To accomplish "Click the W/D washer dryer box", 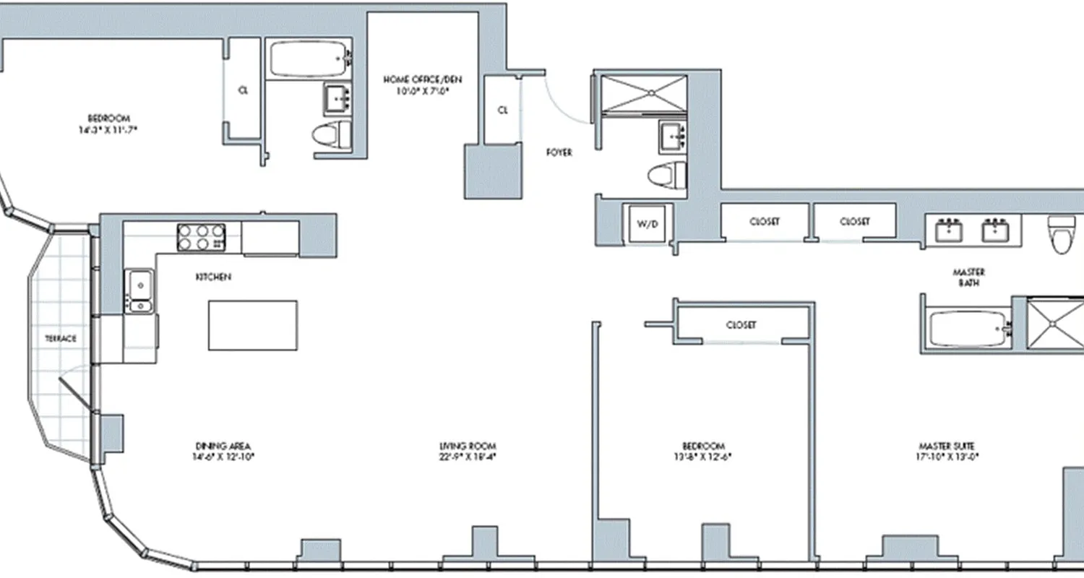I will click(x=648, y=223).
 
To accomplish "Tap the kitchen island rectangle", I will click(x=253, y=325).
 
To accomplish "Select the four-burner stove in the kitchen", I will click(x=202, y=237).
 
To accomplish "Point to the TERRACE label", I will click(x=61, y=338).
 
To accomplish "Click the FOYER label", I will click(x=559, y=152).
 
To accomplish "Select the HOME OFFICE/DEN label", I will click(x=423, y=79).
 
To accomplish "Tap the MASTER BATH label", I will click(x=968, y=277).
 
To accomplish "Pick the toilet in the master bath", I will click(x=1060, y=236).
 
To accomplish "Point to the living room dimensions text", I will click(x=468, y=457).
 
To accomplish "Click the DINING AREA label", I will click(x=223, y=446).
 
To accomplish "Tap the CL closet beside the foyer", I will click(x=503, y=110).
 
